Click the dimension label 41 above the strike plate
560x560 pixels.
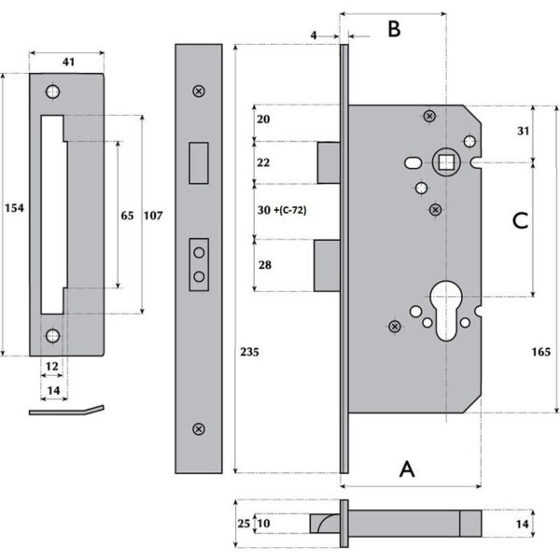click(67, 62)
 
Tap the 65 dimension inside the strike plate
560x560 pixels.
click(128, 216)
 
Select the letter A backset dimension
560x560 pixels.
click(407, 469)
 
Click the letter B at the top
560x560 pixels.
click(394, 29)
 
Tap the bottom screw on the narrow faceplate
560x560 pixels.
click(198, 428)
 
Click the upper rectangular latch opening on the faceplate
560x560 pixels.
click(198, 161)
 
